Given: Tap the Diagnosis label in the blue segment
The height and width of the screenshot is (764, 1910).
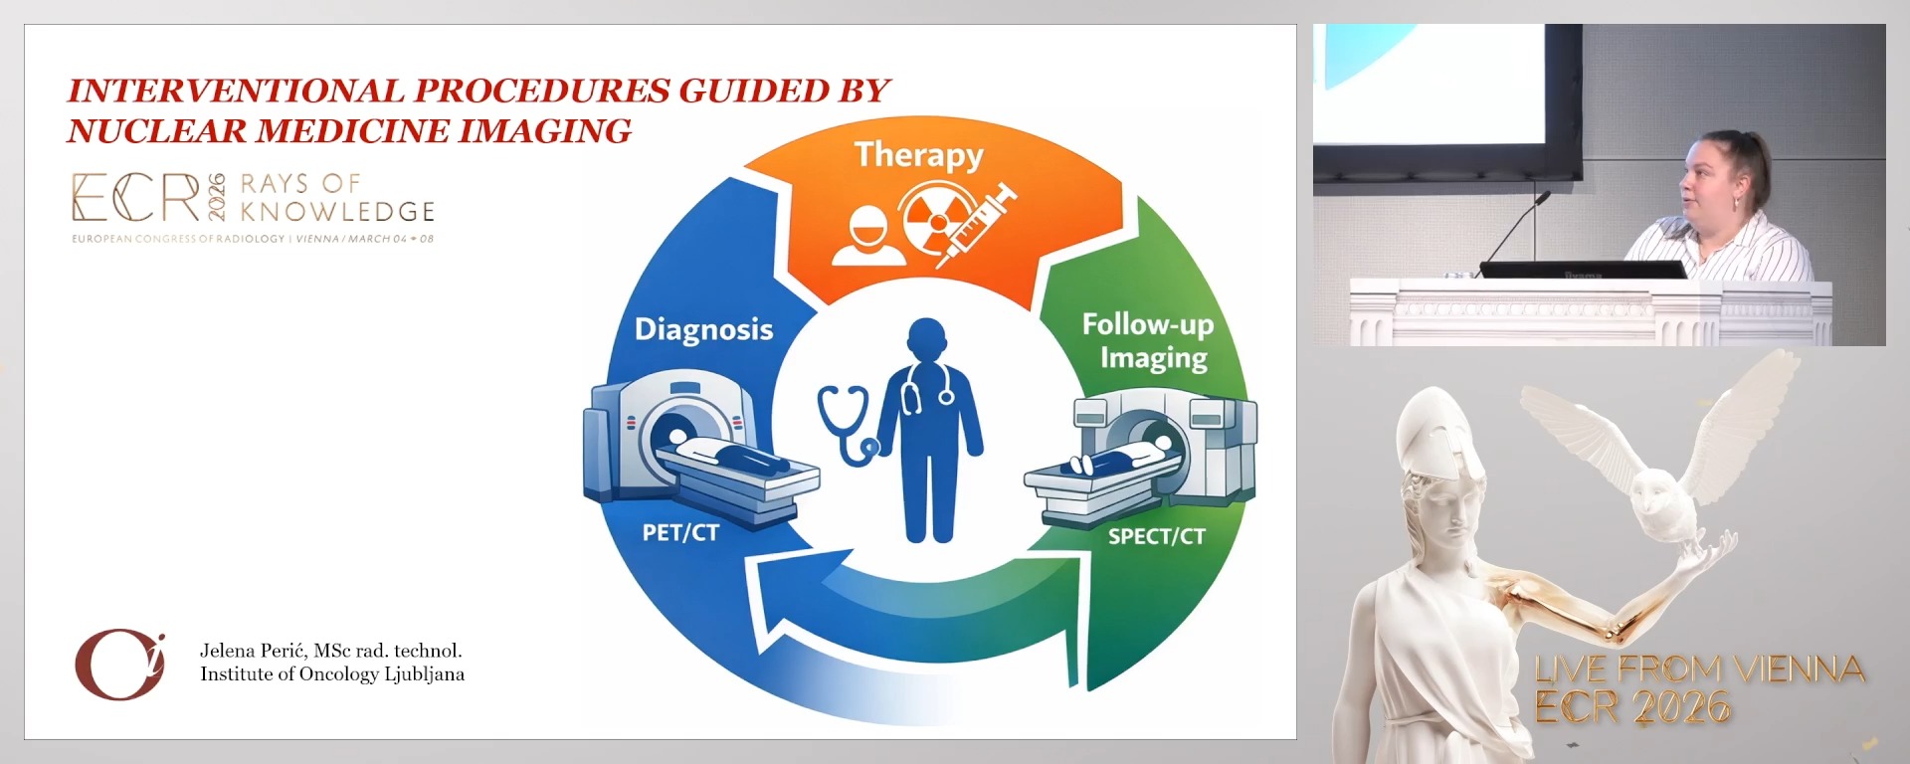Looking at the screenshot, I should point(703,329).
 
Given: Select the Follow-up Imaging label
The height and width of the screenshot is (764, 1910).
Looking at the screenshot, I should point(1149,340).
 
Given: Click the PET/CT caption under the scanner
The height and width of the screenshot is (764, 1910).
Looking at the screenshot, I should point(680,533).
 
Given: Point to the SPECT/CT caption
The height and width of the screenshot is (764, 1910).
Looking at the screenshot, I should point(1156,537).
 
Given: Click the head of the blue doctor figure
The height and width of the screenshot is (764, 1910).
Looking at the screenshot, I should point(926,342).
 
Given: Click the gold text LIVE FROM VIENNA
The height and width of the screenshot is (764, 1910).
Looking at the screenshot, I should point(1699,669).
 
